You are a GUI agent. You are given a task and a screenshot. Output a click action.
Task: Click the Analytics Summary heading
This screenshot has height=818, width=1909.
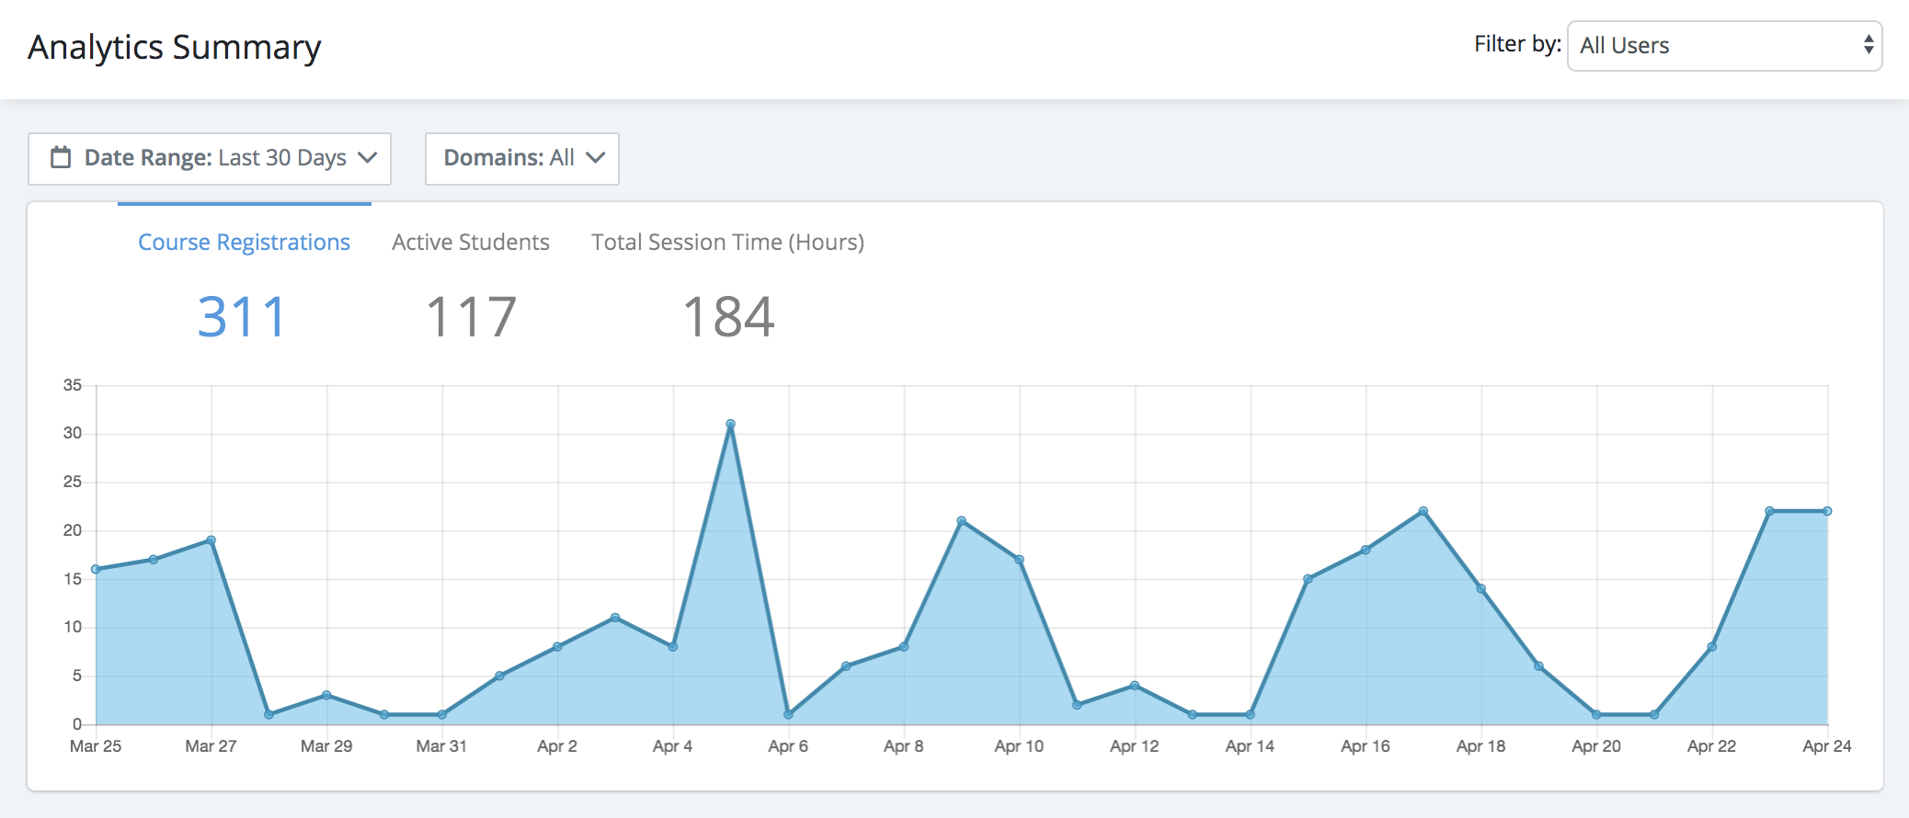click(175, 48)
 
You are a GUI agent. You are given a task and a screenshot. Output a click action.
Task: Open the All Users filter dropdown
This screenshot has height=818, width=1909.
click(1724, 46)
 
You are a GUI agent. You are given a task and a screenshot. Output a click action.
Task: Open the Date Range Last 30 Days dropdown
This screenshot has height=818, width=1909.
click(210, 158)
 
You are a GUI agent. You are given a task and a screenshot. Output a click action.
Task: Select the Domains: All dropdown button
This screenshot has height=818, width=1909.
click(522, 158)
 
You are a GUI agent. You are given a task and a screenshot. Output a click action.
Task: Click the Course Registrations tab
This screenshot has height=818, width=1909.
click(244, 243)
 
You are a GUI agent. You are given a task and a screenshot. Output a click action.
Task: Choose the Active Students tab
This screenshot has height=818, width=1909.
click(471, 243)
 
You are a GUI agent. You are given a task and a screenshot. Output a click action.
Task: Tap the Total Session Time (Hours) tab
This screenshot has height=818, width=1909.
click(727, 243)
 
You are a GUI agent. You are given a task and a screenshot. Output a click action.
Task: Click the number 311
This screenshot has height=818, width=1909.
click(242, 317)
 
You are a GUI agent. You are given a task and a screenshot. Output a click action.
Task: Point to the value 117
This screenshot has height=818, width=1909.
click(471, 317)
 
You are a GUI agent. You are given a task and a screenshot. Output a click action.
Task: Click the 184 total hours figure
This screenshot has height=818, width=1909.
click(728, 317)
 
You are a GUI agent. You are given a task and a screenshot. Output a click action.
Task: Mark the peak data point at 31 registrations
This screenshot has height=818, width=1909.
click(730, 425)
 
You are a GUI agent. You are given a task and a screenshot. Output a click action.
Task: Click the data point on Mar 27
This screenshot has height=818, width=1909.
click(211, 540)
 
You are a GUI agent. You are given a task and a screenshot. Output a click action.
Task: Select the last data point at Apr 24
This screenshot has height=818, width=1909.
click(1827, 511)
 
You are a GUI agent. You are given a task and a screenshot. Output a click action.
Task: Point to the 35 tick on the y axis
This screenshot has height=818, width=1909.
click(73, 385)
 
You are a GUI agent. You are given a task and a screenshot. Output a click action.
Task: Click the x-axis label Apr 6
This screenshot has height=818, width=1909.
click(788, 746)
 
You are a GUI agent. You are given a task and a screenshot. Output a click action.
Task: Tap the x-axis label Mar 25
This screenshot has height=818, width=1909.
click(96, 746)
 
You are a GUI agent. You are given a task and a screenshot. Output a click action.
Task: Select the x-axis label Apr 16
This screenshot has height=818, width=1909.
click(1366, 746)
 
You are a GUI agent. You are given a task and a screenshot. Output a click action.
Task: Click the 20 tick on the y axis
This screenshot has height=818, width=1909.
click(73, 530)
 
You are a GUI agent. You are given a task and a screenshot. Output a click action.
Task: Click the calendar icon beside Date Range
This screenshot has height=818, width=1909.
click(61, 157)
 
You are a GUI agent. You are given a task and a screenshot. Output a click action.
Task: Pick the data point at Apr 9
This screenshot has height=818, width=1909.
click(962, 521)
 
